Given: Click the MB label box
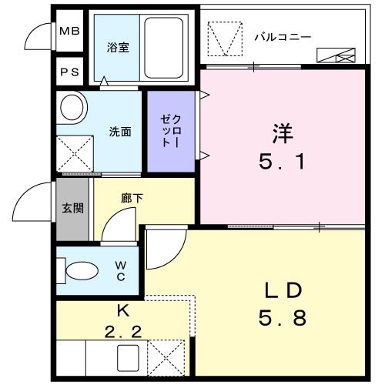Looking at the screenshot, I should [x=70, y=32].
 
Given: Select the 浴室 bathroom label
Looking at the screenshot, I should [x=117, y=47].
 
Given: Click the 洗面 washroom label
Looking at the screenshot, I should [x=119, y=132].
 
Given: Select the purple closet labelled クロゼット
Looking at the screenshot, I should [x=170, y=132].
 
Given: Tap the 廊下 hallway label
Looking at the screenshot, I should [x=132, y=198].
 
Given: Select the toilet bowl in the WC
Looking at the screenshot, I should [x=82, y=270].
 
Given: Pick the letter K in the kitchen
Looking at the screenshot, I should [x=122, y=310].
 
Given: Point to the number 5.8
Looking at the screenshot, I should [x=282, y=317].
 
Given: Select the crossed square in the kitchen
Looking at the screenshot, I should [x=166, y=359].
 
